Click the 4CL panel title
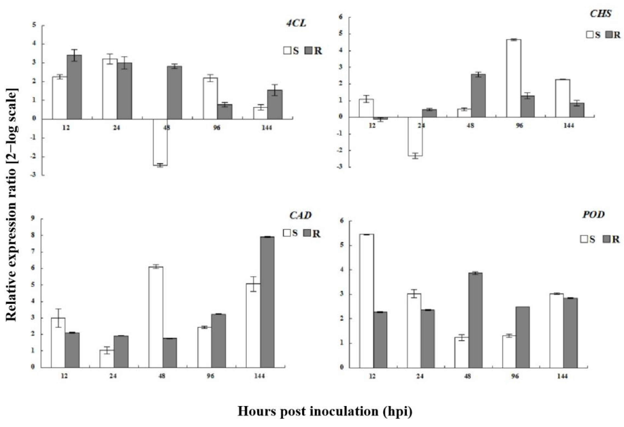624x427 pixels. click(296, 24)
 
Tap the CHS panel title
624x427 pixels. click(600, 13)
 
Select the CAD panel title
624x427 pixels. click(300, 215)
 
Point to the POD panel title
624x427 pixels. click(593, 215)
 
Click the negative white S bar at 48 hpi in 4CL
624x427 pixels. click(160, 142)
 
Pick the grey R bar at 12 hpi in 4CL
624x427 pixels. click(74, 87)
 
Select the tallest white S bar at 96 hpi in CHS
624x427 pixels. click(514, 79)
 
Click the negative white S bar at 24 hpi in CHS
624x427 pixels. click(415, 137)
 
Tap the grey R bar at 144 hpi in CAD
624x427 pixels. click(267, 302)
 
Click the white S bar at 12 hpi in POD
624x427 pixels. click(366, 301)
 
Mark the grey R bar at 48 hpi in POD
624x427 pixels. click(475, 320)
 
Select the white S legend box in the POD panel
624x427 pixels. click(584, 239)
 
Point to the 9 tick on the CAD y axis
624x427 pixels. click(33, 219)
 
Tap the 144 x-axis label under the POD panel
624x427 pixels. click(562, 376)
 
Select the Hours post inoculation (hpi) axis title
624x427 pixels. click(325, 411)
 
